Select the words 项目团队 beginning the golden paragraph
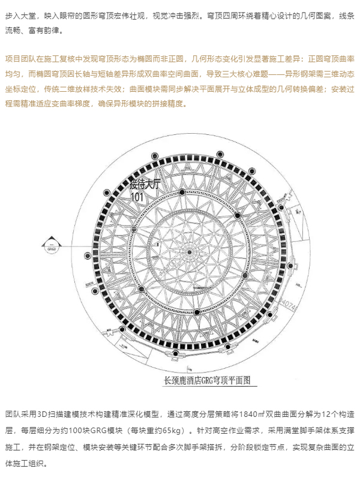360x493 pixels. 20,59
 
